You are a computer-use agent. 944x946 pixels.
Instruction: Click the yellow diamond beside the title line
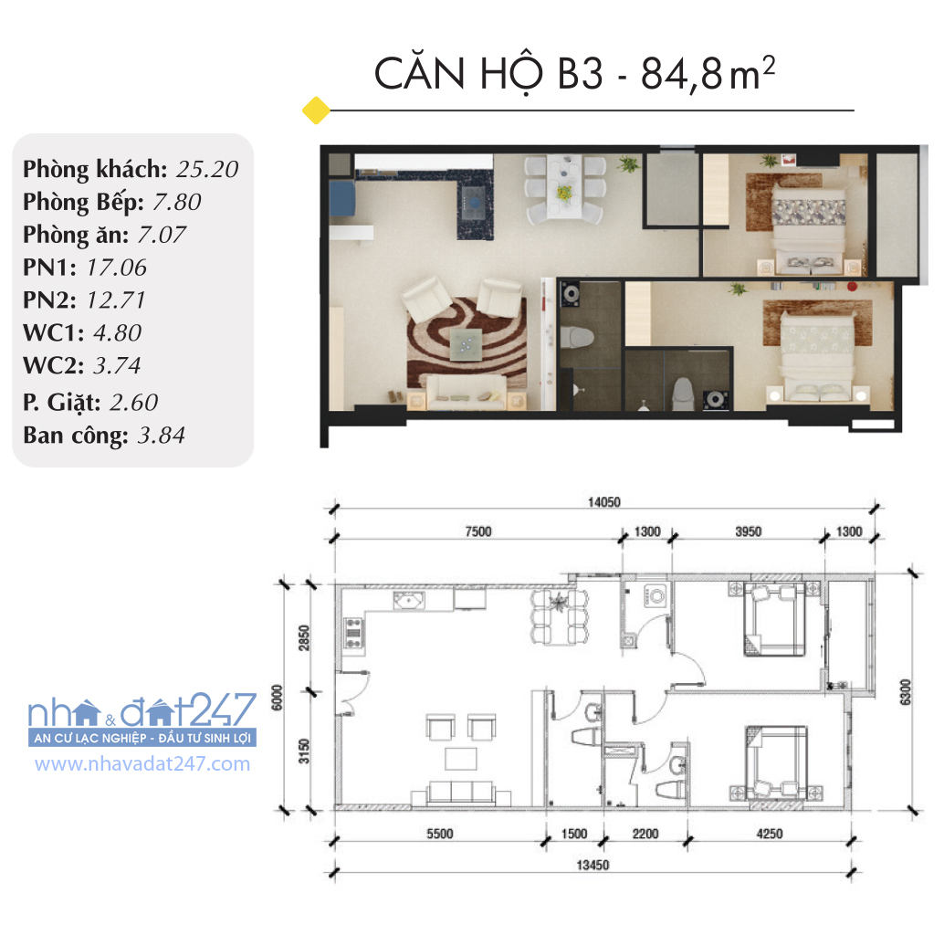click(316, 110)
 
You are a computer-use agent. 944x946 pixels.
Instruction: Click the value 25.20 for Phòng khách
click(207, 170)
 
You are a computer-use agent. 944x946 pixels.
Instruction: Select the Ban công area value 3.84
click(161, 436)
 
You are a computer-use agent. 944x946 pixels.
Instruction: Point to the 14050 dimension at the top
click(603, 502)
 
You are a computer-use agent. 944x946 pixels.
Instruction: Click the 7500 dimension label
click(478, 531)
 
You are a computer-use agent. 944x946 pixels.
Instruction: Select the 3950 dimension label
click(748, 531)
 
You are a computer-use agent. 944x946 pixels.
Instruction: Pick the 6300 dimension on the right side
click(905, 692)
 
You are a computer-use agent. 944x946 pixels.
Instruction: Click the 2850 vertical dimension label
click(304, 637)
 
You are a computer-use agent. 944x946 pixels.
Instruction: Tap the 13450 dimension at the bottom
click(593, 865)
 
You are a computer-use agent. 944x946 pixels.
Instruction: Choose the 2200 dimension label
click(645, 834)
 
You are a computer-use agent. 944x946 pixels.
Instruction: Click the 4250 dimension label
click(769, 834)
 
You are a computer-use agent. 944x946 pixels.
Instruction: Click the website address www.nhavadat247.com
click(142, 763)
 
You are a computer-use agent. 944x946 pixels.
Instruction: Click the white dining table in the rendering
click(564, 185)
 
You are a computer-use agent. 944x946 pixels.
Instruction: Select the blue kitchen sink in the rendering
click(342, 198)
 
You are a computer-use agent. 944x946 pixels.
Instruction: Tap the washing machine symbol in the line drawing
click(656, 596)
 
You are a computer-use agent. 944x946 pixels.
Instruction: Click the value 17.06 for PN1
click(117, 268)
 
